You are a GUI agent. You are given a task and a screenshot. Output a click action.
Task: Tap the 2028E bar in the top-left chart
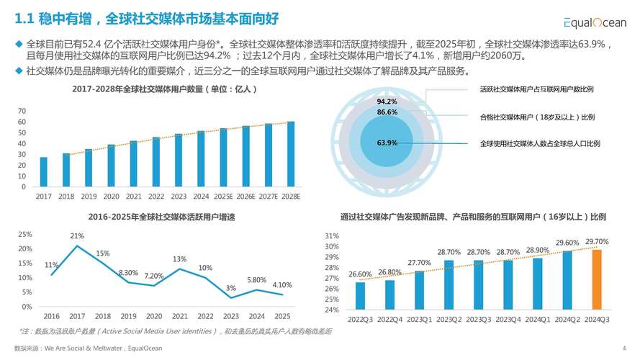point(291,154)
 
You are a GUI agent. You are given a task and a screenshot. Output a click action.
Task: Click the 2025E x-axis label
point(223,196)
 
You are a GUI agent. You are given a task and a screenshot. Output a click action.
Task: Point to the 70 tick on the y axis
point(22,111)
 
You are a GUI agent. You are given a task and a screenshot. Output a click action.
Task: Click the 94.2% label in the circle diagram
point(387,102)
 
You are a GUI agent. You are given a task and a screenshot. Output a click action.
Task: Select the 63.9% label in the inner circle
point(387,143)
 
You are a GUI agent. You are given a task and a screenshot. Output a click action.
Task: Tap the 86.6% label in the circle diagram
point(387,112)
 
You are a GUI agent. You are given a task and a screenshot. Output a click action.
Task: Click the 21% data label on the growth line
point(77,236)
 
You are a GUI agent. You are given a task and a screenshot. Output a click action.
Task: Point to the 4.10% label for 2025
point(282,285)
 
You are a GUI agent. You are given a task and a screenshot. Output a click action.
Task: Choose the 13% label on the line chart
point(180,259)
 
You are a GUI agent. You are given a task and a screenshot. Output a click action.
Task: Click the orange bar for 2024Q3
point(597,279)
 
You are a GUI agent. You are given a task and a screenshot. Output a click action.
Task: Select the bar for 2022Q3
point(360,296)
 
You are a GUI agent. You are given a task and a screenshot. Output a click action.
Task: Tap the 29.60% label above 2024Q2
point(567,243)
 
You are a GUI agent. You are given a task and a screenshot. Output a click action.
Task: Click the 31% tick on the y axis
point(332,236)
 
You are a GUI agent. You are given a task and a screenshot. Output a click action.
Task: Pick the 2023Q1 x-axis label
point(419,319)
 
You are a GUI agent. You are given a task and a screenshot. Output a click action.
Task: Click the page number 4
point(623,348)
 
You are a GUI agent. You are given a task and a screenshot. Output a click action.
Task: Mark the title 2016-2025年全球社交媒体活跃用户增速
point(162,217)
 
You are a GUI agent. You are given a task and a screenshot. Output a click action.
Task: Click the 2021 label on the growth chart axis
point(180,316)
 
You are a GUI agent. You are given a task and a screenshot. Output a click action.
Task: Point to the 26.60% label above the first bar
point(360,274)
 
